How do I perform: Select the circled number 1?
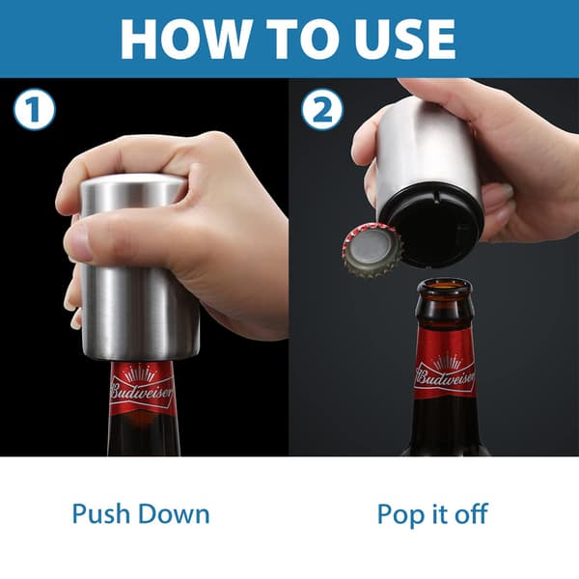35,109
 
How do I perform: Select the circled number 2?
322,109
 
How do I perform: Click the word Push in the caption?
102,514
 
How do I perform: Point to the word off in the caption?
471,513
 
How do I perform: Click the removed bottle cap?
372,250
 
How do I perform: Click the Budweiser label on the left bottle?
142,390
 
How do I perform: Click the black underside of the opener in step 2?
432,225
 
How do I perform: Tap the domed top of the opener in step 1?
134,181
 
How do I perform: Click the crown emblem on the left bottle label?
140,372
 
